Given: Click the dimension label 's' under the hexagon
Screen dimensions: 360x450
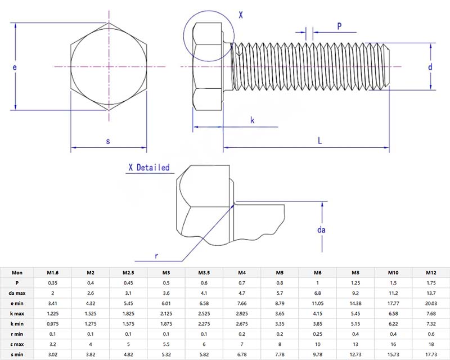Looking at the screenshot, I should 107,141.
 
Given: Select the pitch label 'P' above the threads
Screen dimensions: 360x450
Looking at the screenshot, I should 340,26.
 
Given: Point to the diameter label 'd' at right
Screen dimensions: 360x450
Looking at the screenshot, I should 430,67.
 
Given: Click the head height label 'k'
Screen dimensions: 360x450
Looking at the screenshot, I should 252,120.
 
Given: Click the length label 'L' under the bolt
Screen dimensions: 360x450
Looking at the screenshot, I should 319,141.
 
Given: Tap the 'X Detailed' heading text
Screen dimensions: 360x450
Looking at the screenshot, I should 148,167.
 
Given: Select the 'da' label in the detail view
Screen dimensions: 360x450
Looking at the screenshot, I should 321,229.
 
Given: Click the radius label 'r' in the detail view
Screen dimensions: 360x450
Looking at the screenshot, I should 157,255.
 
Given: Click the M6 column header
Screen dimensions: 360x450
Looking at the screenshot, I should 317,273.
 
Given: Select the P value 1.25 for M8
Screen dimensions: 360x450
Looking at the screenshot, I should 355,283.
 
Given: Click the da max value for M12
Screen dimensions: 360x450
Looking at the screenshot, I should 431,293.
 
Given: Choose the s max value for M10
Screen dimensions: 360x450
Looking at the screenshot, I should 393,344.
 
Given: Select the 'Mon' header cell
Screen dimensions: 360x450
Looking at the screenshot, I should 17,273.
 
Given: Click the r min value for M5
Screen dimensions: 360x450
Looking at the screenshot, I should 280,334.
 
